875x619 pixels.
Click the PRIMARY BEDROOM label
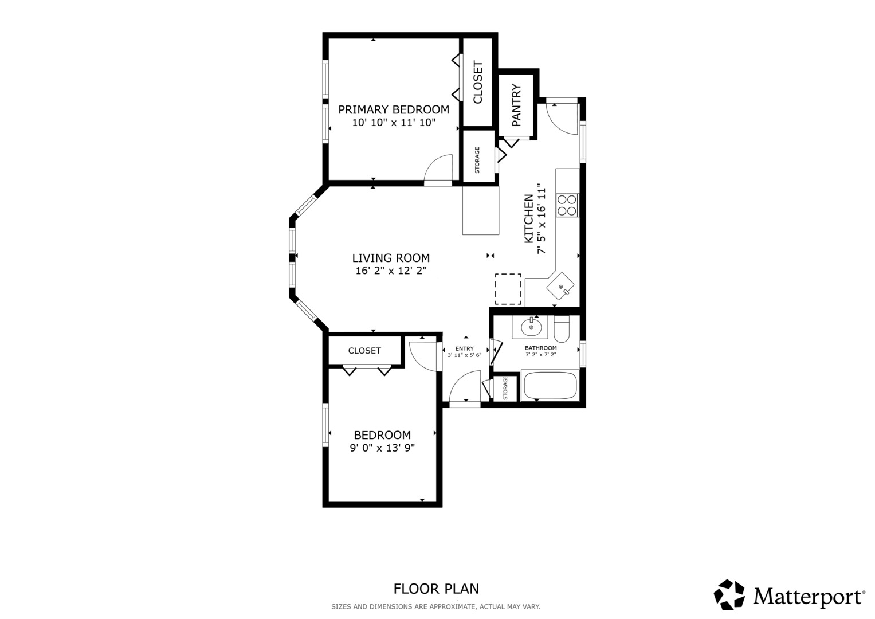click(394, 109)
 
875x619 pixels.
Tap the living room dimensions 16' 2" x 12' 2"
click(391, 271)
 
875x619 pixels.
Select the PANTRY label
click(516, 105)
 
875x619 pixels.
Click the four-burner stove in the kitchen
click(567, 205)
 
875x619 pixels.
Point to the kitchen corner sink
click(560, 286)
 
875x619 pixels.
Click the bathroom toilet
click(562, 328)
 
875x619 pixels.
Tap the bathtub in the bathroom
click(550, 386)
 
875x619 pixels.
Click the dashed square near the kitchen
click(508, 289)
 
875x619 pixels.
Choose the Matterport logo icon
click(729, 595)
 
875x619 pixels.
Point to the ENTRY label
click(465, 348)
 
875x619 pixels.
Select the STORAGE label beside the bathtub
click(505, 389)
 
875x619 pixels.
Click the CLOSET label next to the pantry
click(478, 82)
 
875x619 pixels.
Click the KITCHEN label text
click(528, 219)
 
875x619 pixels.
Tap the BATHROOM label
click(540, 348)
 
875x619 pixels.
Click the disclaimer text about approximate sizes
click(436, 607)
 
